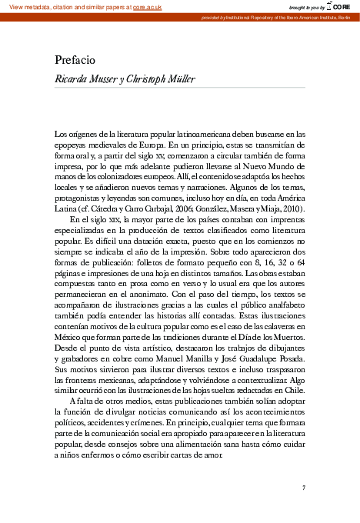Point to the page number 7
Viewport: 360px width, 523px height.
pos(304,488)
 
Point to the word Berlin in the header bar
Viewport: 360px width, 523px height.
pos(346,17)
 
